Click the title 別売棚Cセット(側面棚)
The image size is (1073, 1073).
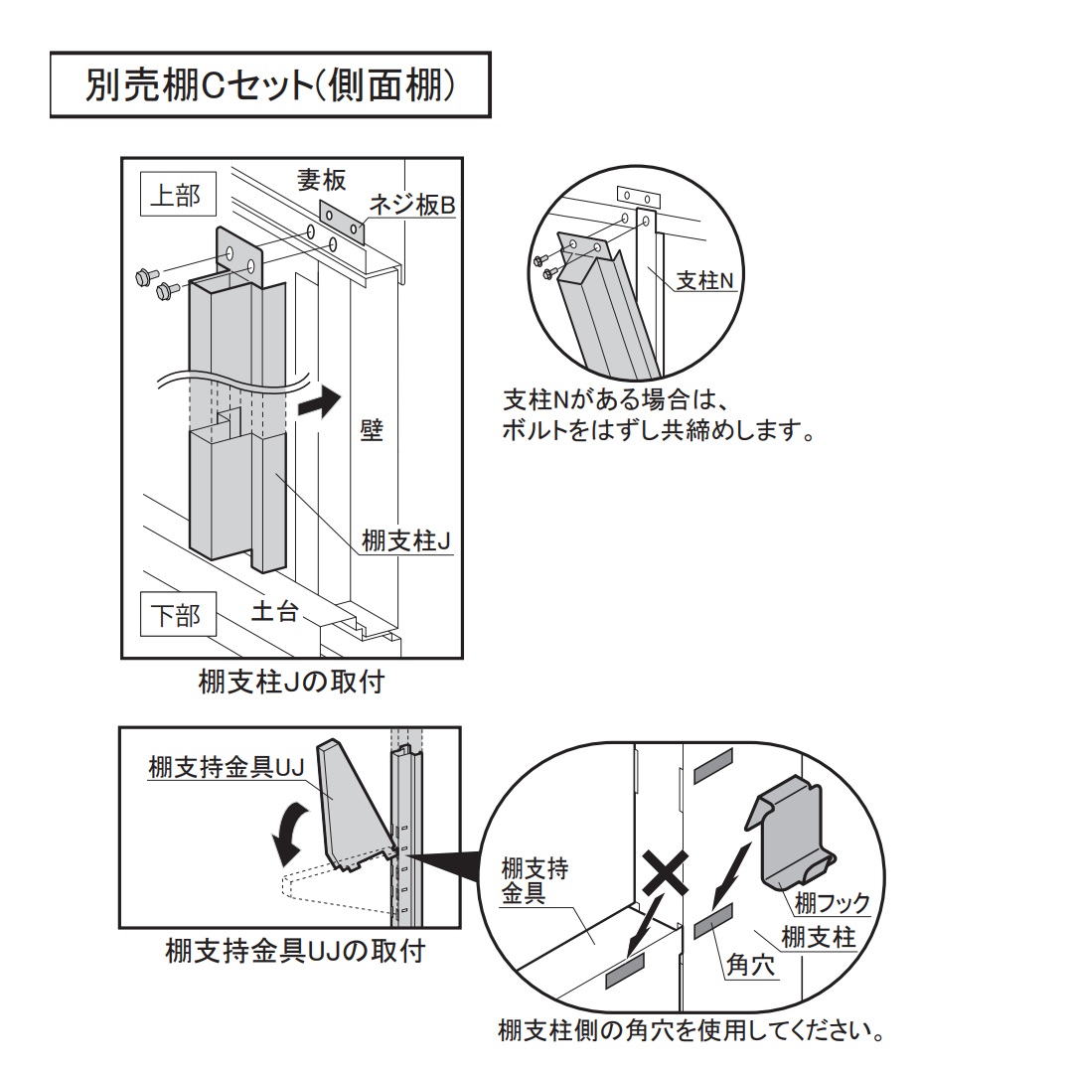[x=269, y=86]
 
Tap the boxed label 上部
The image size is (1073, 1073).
[x=175, y=196]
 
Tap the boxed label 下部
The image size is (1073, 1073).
[x=175, y=616]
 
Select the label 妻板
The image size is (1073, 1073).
[x=322, y=180]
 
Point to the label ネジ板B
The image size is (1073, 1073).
[x=411, y=206]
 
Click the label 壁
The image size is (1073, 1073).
[x=372, y=432]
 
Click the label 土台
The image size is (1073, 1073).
[x=273, y=611]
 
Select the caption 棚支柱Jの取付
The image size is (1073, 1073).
[x=291, y=685]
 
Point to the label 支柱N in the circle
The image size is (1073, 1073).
[x=703, y=281]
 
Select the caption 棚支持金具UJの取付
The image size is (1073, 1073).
[x=295, y=951]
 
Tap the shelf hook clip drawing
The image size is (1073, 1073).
[x=795, y=831]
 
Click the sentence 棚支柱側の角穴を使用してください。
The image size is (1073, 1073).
[x=690, y=1029]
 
